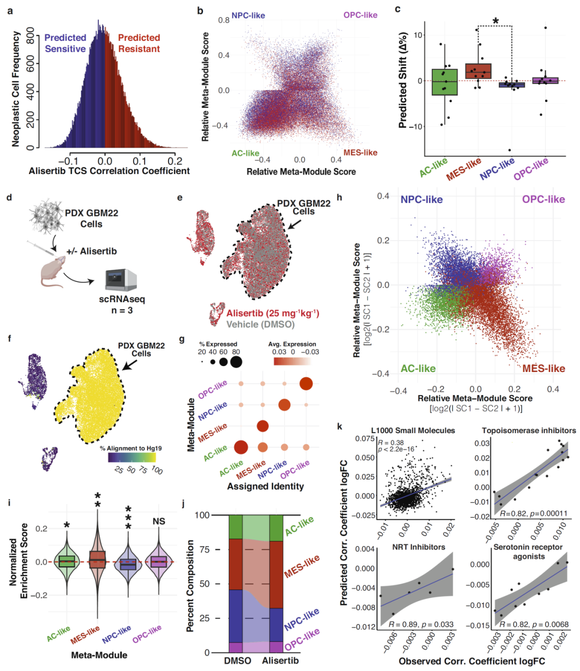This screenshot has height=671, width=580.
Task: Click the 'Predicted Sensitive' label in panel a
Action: click(65, 43)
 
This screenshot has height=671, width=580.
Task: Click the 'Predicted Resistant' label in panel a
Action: click(139, 43)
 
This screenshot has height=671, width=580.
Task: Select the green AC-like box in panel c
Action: click(444, 82)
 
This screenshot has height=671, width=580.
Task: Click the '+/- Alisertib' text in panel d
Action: click(91, 251)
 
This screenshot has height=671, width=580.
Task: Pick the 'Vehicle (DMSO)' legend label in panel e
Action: click(260, 324)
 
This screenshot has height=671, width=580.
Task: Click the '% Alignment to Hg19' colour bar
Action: click(131, 457)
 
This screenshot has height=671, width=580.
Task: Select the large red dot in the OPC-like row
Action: click(306, 383)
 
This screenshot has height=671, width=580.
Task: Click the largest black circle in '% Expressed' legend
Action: click(235, 362)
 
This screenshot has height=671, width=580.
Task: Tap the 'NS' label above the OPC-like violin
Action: click(159, 521)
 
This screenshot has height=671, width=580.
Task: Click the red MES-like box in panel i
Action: click(97, 559)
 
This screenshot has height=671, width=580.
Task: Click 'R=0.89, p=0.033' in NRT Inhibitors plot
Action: click(421, 624)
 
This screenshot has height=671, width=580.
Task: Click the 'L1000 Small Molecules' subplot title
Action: click(413, 431)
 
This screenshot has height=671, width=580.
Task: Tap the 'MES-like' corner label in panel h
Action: click(543, 368)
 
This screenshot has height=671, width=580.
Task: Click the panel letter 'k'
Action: click(339, 426)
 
